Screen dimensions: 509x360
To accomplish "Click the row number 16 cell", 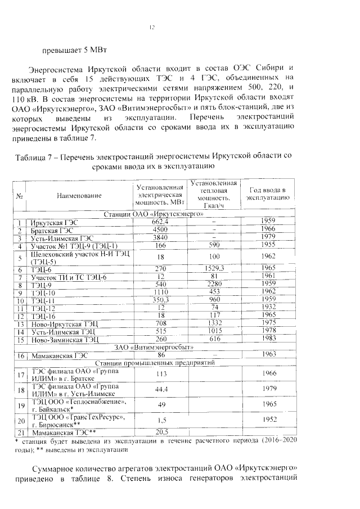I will tap(21, 355).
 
